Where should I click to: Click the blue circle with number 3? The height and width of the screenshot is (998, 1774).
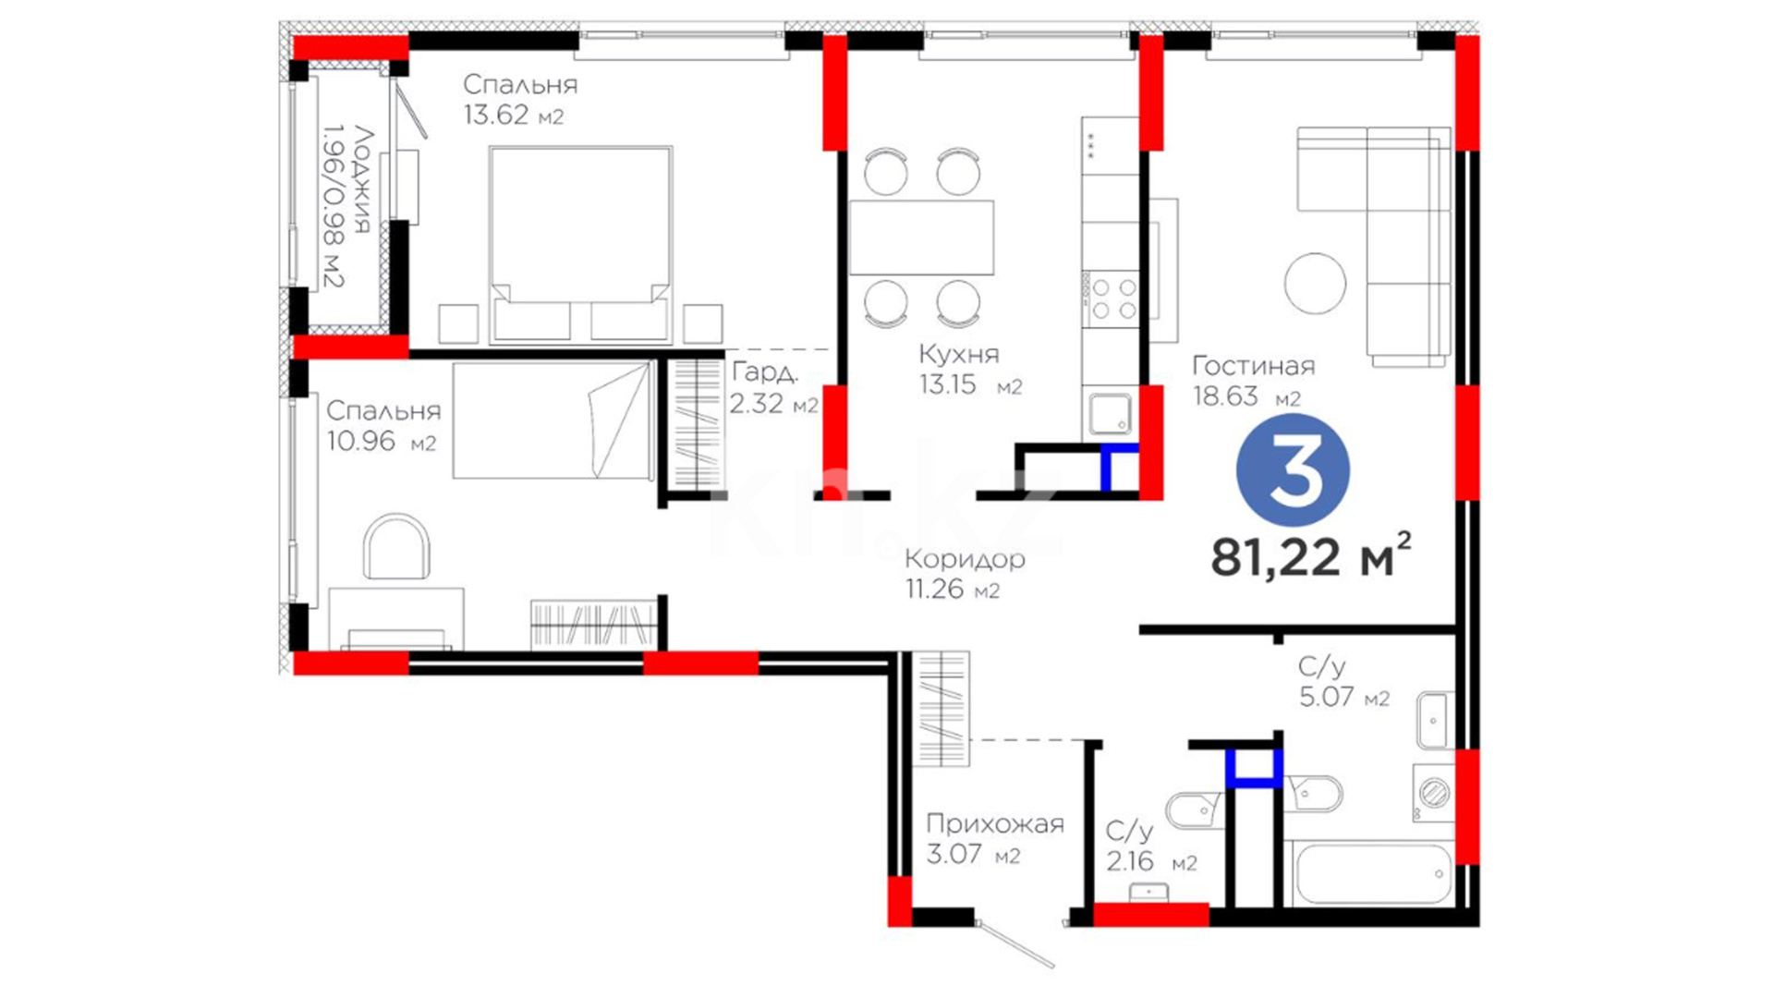pyautogui.click(x=1293, y=470)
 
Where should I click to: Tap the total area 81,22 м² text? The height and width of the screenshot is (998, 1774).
pyautogui.click(x=1311, y=555)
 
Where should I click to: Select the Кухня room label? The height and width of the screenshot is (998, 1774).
pyautogui.click(x=958, y=354)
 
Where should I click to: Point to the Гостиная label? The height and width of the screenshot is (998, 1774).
pyautogui.click(x=1253, y=366)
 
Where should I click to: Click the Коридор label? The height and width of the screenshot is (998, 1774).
pyautogui.click(x=965, y=559)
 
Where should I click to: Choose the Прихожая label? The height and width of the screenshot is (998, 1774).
pyautogui.click(x=995, y=823)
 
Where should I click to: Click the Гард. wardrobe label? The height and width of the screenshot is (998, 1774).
pyautogui.click(x=765, y=371)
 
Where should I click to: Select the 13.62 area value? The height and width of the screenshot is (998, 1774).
pyautogui.click(x=496, y=115)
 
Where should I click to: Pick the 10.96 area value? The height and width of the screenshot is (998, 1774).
pyautogui.click(x=361, y=441)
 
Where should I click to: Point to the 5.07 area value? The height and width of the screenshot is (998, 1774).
pyautogui.click(x=1327, y=696)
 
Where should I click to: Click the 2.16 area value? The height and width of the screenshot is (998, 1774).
pyautogui.click(x=1130, y=861)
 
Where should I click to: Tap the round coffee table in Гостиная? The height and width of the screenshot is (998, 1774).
pyautogui.click(x=1315, y=283)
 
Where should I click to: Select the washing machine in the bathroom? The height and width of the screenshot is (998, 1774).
pyautogui.click(x=1433, y=793)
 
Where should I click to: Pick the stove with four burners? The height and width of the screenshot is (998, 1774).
pyautogui.click(x=1112, y=298)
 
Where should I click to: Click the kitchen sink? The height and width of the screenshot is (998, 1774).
pyautogui.click(x=1110, y=414)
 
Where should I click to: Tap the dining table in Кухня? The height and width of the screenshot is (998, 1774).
pyautogui.click(x=921, y=237)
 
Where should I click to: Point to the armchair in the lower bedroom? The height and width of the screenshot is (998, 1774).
pyautogui.click(x=396, y=547)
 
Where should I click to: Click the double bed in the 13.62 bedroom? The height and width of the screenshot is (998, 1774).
pyautogui.click(x=580, y=243)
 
